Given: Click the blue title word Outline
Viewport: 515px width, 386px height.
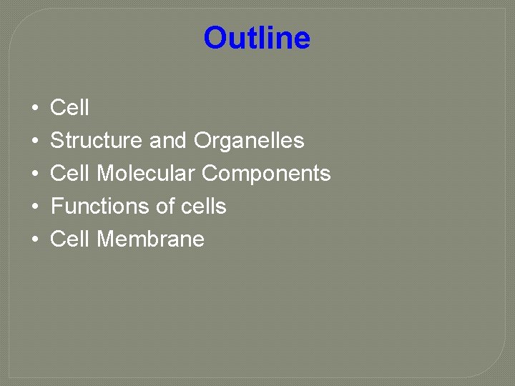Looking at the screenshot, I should click(x=257, y=38).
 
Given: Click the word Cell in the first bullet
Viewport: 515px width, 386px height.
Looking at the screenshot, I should click(x=69, y=108).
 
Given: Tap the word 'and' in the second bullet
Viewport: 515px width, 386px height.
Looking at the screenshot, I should click(x=168, y=141).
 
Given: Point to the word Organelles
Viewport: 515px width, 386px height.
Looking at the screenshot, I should click(x=249, y=141).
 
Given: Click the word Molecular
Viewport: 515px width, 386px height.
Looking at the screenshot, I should click(x=146, y=174).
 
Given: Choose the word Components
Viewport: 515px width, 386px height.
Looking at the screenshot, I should click(x=266, y=174).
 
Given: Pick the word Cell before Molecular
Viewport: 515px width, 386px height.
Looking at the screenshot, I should click(x=69, y=174).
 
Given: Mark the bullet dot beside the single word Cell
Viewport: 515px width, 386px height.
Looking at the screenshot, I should click(x=34, y=109).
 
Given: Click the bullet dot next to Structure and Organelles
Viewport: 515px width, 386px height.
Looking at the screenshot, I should click(x=34, y=142).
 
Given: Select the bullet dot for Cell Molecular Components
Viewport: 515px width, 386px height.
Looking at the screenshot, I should click(x=34, y=174).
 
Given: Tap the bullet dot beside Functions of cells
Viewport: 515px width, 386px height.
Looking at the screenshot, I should click(x=34, y=207).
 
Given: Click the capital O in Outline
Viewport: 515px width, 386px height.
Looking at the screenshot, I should click(x=215, y=38).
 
